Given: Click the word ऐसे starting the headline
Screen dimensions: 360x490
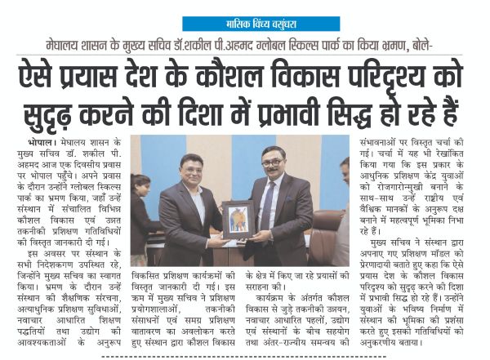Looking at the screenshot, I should [46, 78].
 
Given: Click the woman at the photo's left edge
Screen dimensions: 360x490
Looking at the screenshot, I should [141, 216].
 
